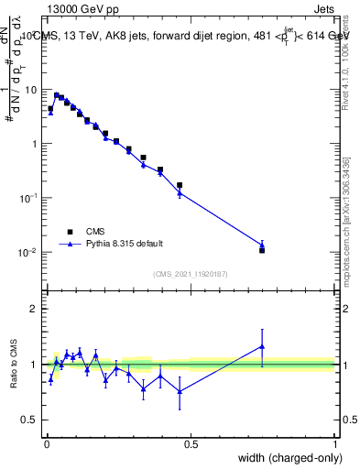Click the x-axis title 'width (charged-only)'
click(285, 459)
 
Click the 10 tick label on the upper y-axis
click(30, 90)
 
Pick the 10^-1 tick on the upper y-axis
click(27, 198)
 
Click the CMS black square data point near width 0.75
click(262, 250)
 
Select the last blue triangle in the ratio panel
click(262, 346)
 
